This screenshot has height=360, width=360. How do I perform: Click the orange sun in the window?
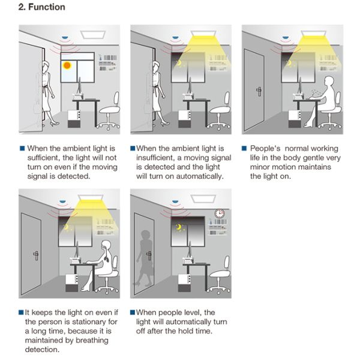click(x=67, y=65)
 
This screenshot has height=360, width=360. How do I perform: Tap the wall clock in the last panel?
click(x=220, y=212)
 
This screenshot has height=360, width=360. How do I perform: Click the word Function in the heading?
click(x=47, y=8)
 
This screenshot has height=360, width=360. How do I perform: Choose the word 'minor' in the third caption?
click(x=259, y=167)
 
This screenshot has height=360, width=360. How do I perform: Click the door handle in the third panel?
click(x=259, y=91)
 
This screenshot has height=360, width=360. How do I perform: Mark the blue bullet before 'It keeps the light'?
click(x=21, y=313)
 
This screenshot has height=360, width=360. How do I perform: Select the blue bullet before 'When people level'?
click(x=133, y=313)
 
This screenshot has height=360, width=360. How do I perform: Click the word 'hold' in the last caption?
click(x=192, y=331)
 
